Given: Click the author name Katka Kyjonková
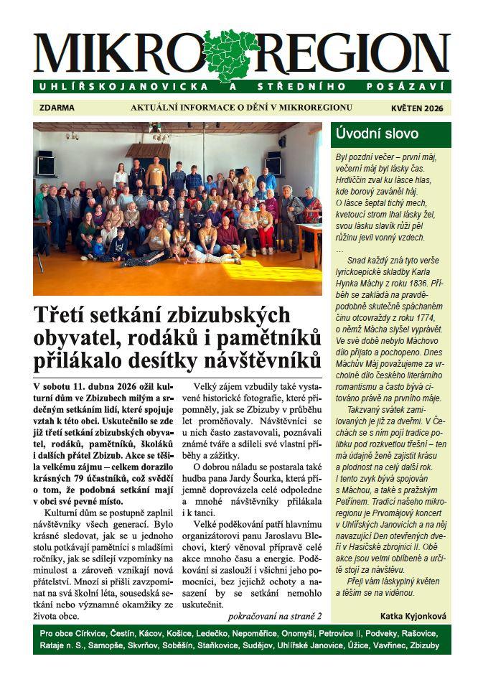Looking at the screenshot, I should [413, 615].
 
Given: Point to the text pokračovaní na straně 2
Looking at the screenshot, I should [274, 615].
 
